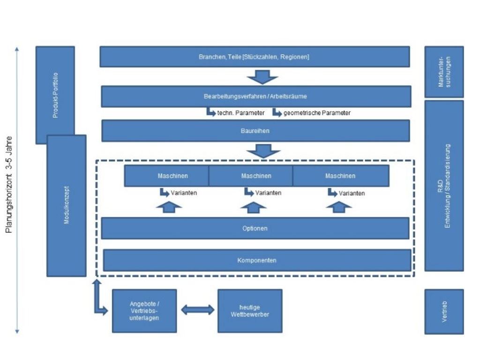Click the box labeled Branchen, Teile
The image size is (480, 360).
pyautogui.click(x=255, y=57)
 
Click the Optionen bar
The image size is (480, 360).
pyautogui.click(x=255, y=228)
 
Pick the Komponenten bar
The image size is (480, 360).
pyautogui.click(x=256, y=260)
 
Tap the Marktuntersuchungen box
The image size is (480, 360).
pyautogui.click(x=444, y=72)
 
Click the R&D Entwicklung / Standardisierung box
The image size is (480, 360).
pyautogui.click(x=444, y=186)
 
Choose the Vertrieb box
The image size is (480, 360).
pyautogui.click(x=444, y=311)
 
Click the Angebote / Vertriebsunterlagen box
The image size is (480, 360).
pyautogui.click(x=144, y=311)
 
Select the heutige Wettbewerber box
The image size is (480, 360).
pyautogui.click(x=250, y=311)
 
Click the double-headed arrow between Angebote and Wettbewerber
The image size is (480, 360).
pyautogui.click(x=197, y=310)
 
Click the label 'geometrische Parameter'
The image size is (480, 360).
pyautogui.click(x=317, y=113)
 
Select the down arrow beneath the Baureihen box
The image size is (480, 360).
pyautogui.click(x=264, y=151)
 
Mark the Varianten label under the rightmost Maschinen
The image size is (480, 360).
pyautogui.click(x=352, y=193)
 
